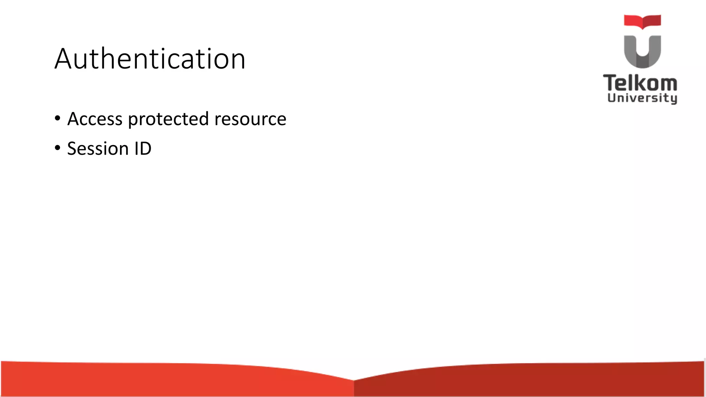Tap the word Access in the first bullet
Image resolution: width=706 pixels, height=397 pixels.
coord(95,119)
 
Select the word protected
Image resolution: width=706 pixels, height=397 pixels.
coord(168,120)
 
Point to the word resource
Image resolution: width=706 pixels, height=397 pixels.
coord(250,120)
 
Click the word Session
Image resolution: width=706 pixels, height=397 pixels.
coord(98,149)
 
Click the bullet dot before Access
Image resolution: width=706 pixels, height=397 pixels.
coord(58,119)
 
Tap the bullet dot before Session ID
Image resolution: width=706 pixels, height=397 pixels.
coord(58,148)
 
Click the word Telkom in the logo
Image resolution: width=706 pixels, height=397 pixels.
coord(640,83)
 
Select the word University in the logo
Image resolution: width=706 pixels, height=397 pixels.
coord(642,98)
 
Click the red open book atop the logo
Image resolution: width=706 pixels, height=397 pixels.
coord(642,21)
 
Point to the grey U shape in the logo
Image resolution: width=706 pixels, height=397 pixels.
coord(642,52)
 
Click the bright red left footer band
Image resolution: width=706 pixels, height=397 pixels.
coord(172,381)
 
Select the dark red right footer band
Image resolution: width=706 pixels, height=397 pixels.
coord(534,381)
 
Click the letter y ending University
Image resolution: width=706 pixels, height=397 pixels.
coord(673,99)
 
